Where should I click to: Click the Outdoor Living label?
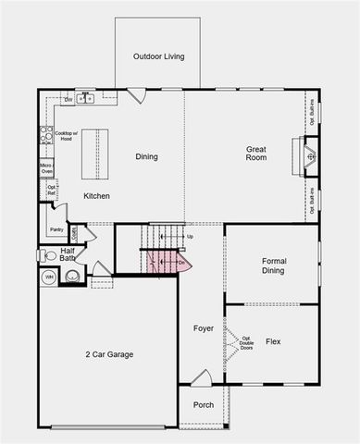(x=158, y=56)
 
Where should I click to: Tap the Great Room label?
(x=256, y=154)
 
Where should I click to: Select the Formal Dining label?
(x=274, y=266)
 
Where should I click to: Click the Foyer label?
(x=203, y=328)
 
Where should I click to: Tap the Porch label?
(x=203, y=405)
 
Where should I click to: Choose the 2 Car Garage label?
(x=110, y=354)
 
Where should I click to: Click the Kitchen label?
(x=97, y=196)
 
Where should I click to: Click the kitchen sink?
(x=86, y=96)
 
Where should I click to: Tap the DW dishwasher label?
(x=68, y=99)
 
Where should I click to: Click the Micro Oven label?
(x=45, y=168)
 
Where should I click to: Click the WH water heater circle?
(x=48, y=277)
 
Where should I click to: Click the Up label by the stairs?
(x=190, y=237)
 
